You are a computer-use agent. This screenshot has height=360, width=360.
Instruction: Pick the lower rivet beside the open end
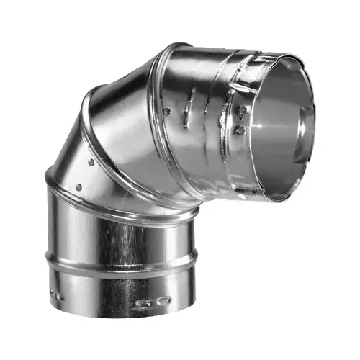click(x=238, y=131)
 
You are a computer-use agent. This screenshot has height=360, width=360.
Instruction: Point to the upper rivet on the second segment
click(x=90, y=162)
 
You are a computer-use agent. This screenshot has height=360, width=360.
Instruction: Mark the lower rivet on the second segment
click(x=78, y=187)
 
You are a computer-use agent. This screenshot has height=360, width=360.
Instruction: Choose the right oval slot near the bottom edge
click(x=164, y=300)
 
